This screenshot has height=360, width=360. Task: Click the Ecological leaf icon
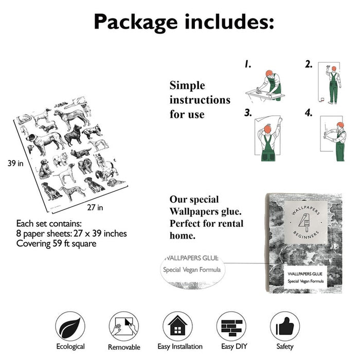tap(70, 326)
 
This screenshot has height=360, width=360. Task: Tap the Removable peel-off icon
tap(124, 326)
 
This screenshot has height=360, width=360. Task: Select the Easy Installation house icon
tap(177, 326)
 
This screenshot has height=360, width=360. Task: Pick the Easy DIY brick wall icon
tap(231, 326)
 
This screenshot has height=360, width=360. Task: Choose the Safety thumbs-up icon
tap(285, 326)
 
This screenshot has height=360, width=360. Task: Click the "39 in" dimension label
tap(15, 163)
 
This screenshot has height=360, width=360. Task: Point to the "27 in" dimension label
tap(95, 208)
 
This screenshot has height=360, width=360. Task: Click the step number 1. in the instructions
tap(248, 64)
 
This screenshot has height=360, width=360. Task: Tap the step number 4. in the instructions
tap(309, 113)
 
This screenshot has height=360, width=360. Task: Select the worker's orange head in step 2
tap(334, 68)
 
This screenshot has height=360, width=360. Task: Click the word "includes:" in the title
tap(229, 22)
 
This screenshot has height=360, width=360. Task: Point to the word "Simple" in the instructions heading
tap(187, 85)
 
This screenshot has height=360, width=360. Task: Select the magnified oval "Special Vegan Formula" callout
tap(193, 269)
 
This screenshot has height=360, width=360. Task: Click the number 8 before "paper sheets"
tap(19, 233)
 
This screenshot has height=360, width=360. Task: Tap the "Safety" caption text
tap(285, 346)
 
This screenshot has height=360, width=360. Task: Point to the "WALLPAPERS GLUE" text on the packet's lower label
tap(305, 274)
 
